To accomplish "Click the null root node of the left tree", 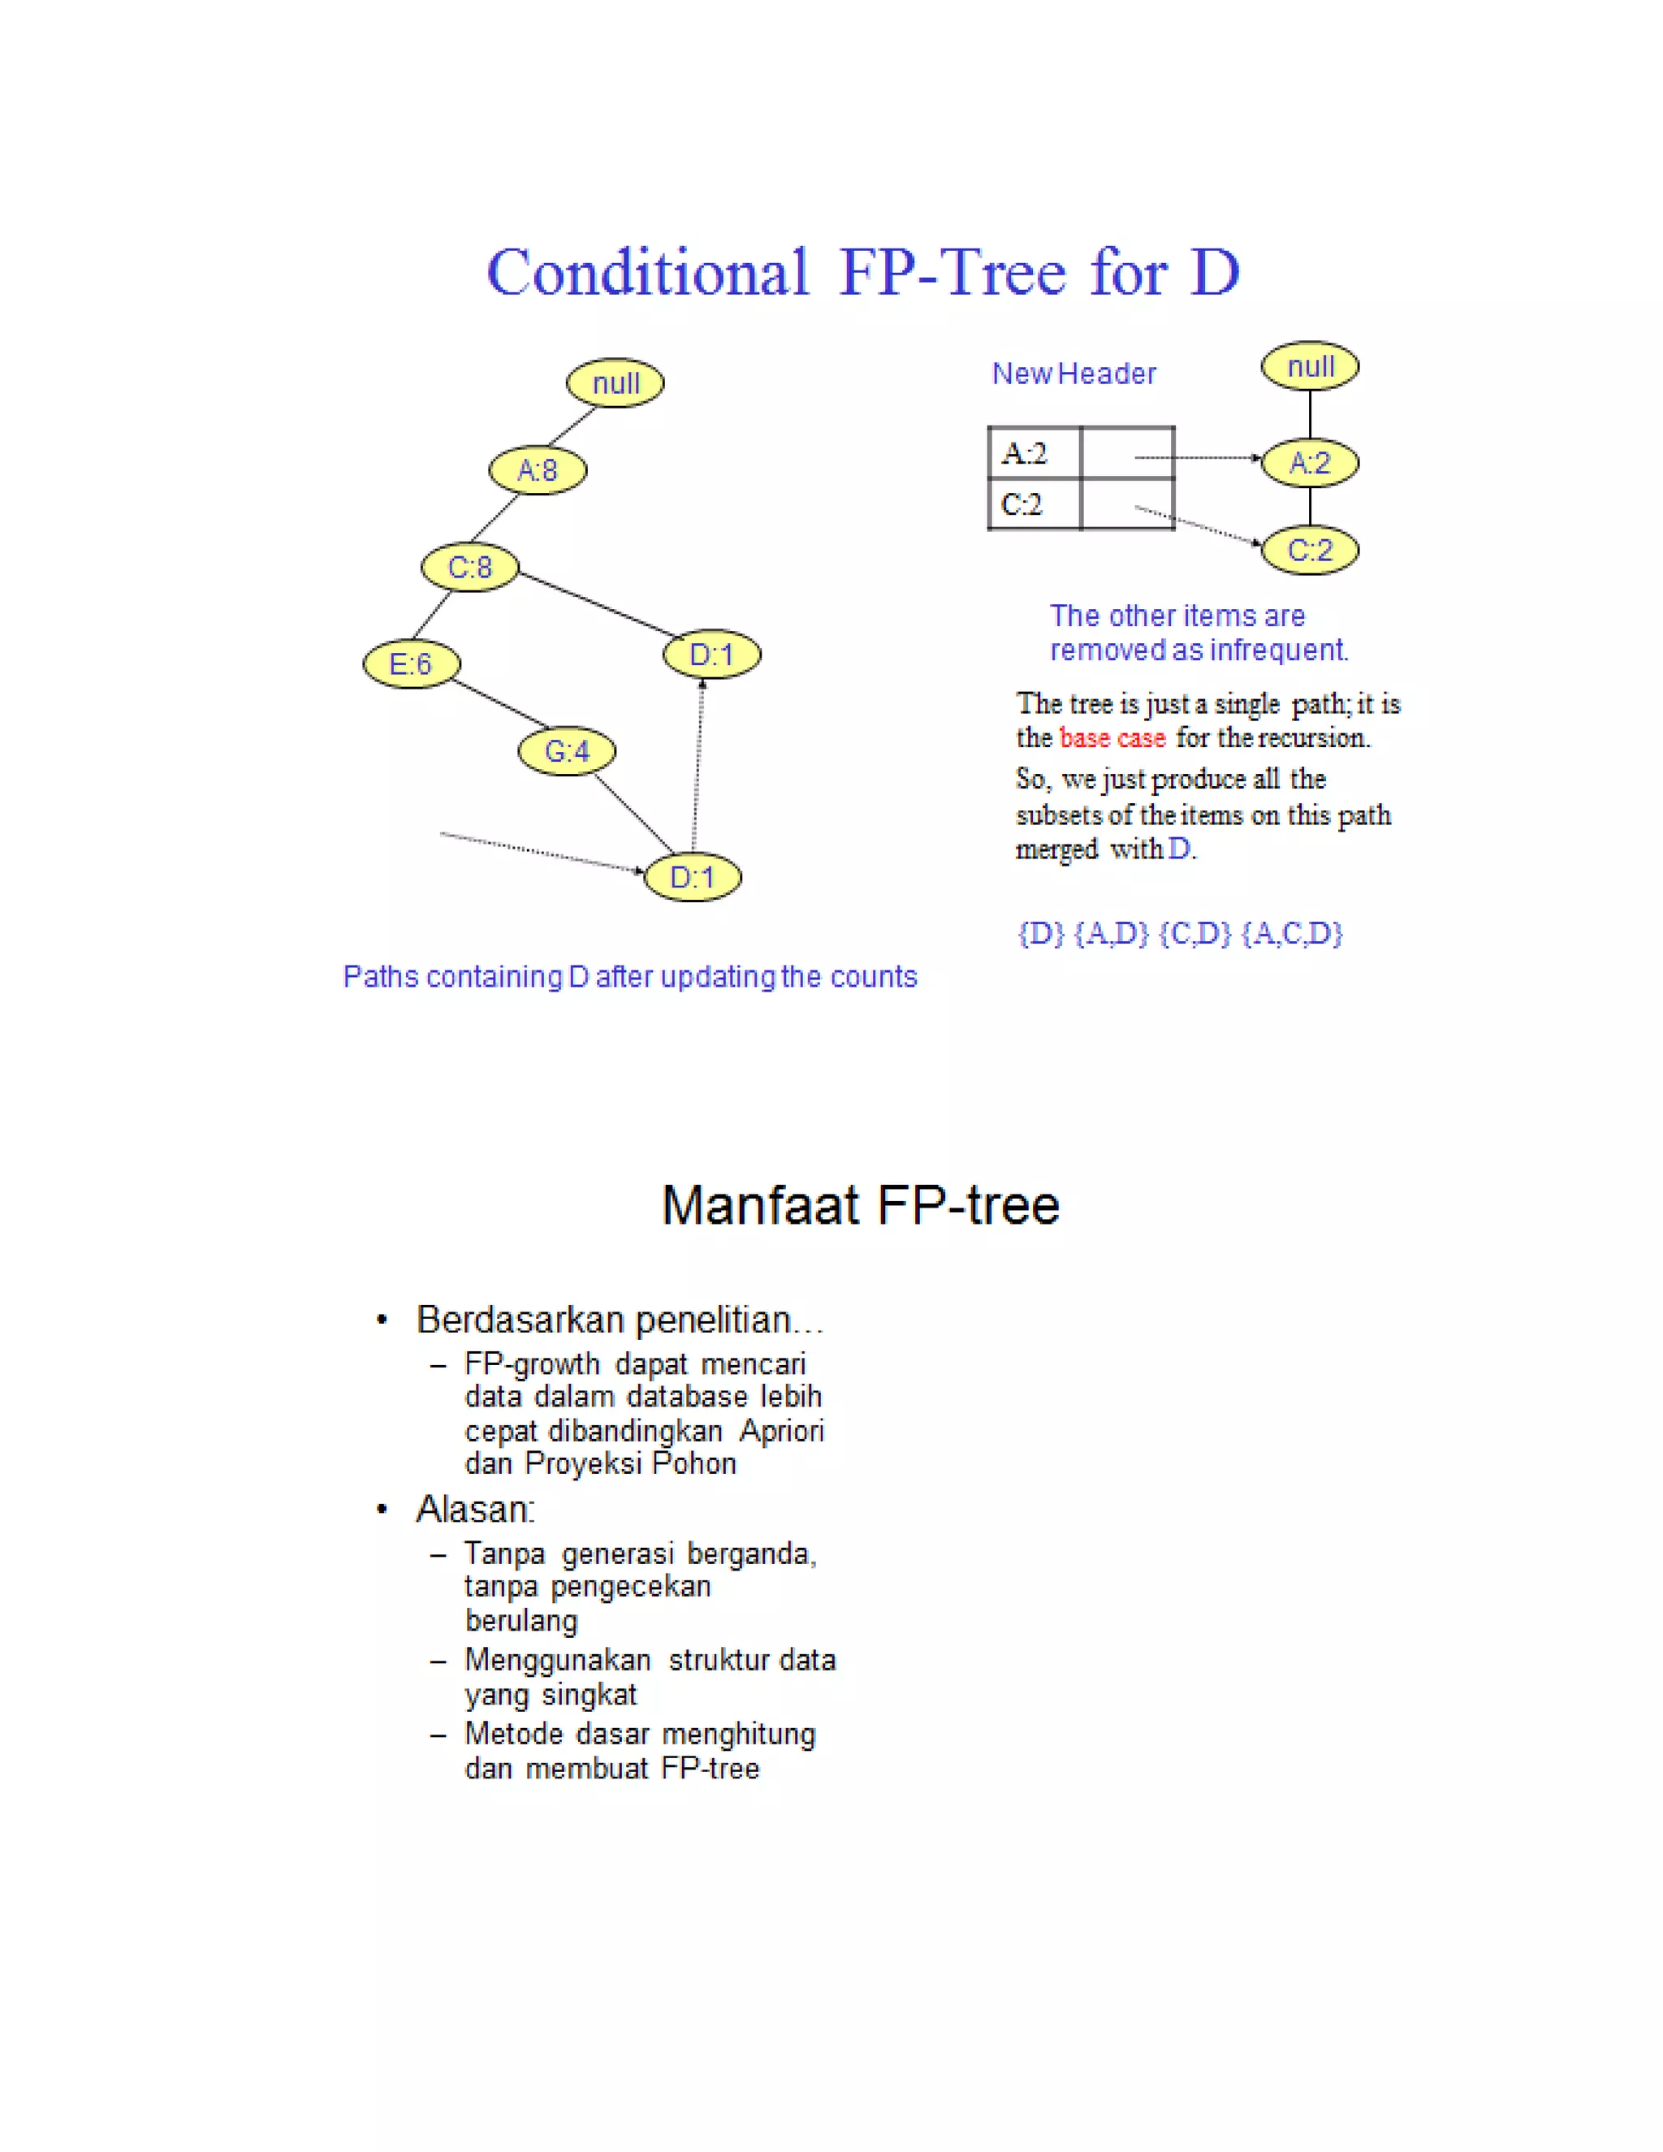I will (615, 382).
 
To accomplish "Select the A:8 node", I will (537, 470).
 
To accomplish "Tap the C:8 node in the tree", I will (470, 567).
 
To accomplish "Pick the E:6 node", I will (411, 663).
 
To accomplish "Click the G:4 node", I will (567, 751).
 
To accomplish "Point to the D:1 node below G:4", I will (692, 877).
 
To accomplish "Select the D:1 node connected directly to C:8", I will (711, 655).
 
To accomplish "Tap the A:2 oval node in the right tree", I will (1309, 462).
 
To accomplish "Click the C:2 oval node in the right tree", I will (1309, 549).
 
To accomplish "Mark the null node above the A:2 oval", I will (1309, 366).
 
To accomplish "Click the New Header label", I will (1073, 374).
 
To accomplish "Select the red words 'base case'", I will (1112, 738).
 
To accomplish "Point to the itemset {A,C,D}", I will (1292, 933).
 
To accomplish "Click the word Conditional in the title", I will (647, 273).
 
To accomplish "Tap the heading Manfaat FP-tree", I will (860, 1205).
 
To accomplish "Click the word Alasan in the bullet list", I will (475, 1510).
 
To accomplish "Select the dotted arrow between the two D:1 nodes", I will (698, 763).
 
